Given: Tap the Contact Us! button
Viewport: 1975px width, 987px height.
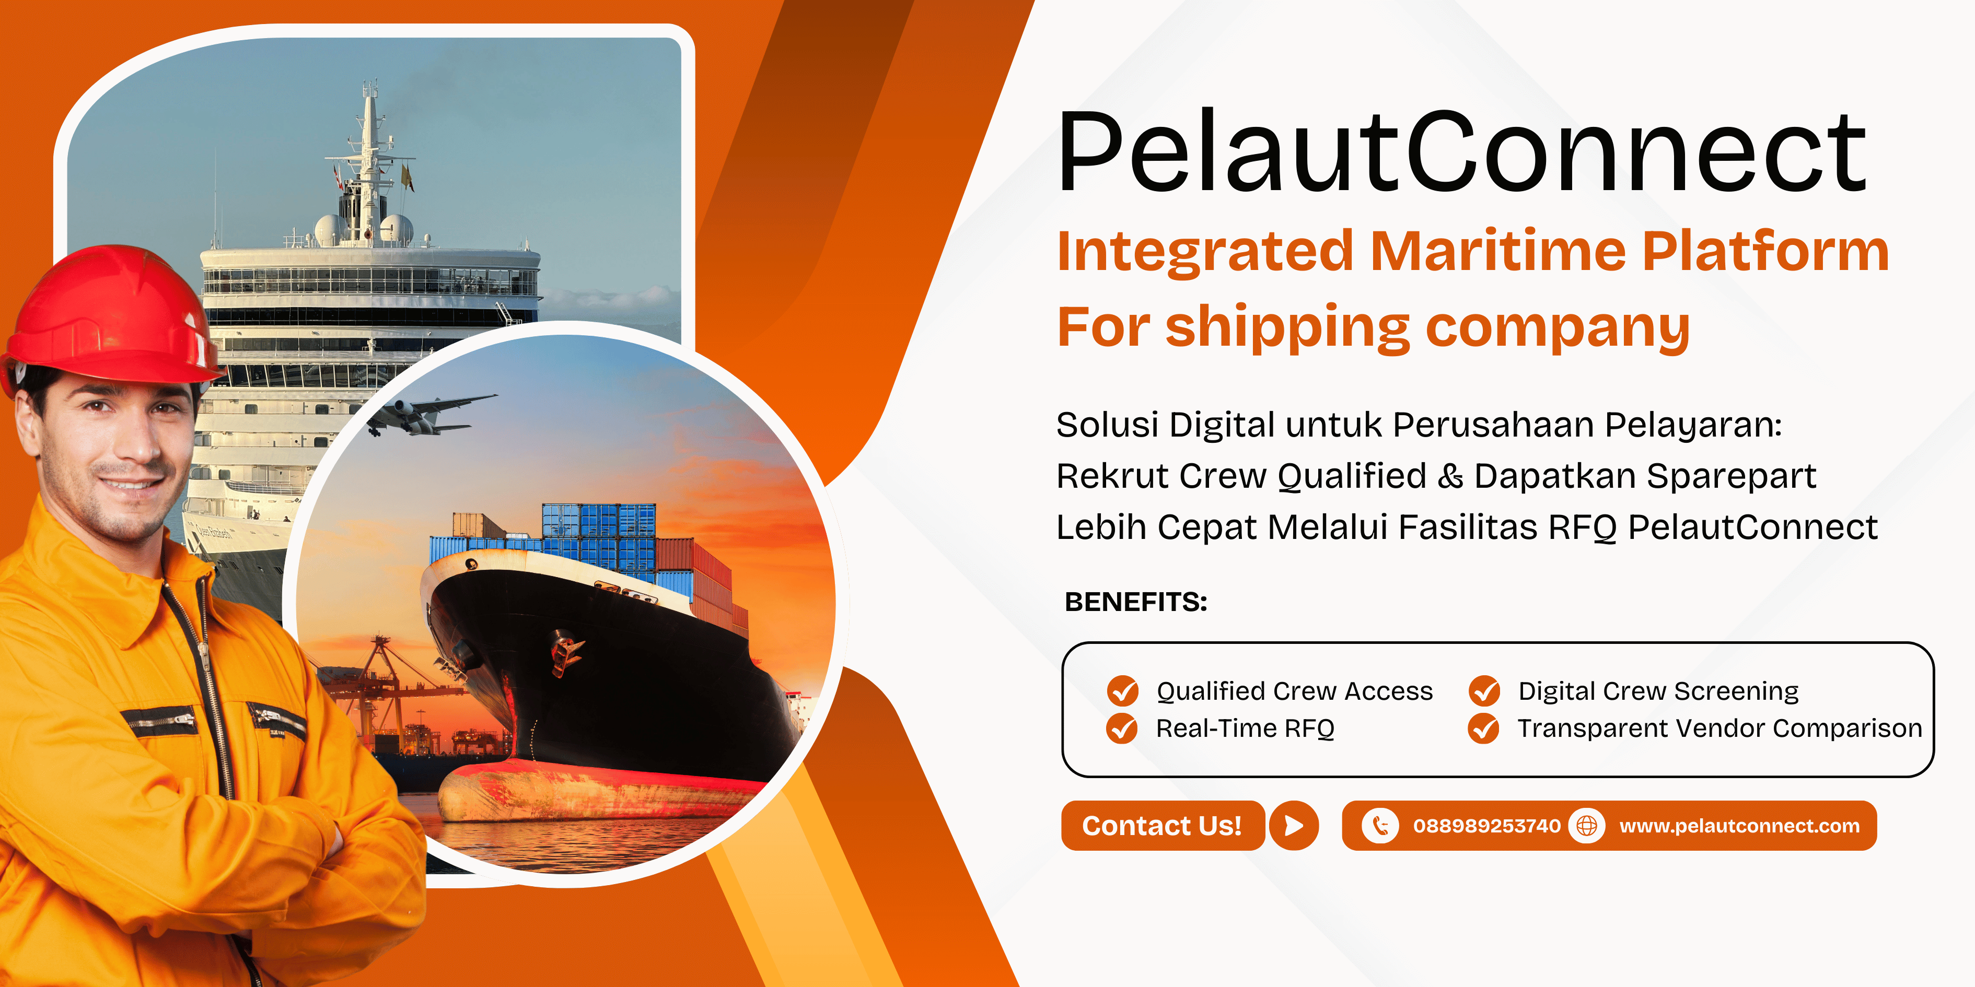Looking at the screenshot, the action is click(1163, 825).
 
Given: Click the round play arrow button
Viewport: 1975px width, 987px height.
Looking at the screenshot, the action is click(1293, 825).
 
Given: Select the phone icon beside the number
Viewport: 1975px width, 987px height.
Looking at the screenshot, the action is click(1380, 825).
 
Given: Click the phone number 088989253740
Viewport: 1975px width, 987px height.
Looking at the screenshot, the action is click(1486, 825).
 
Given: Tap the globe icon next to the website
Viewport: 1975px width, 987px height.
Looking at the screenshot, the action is click(1586, 825).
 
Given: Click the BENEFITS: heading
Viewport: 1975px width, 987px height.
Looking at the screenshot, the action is click(1135, 602).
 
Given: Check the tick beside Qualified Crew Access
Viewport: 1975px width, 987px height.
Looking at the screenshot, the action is click(1122, 690).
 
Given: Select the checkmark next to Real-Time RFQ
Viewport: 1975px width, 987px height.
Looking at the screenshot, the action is click(1122, 728).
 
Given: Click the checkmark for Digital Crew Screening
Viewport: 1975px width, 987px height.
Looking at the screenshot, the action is click(1484, 690).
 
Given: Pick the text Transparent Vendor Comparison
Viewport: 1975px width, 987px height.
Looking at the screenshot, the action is click(1720, 728).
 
